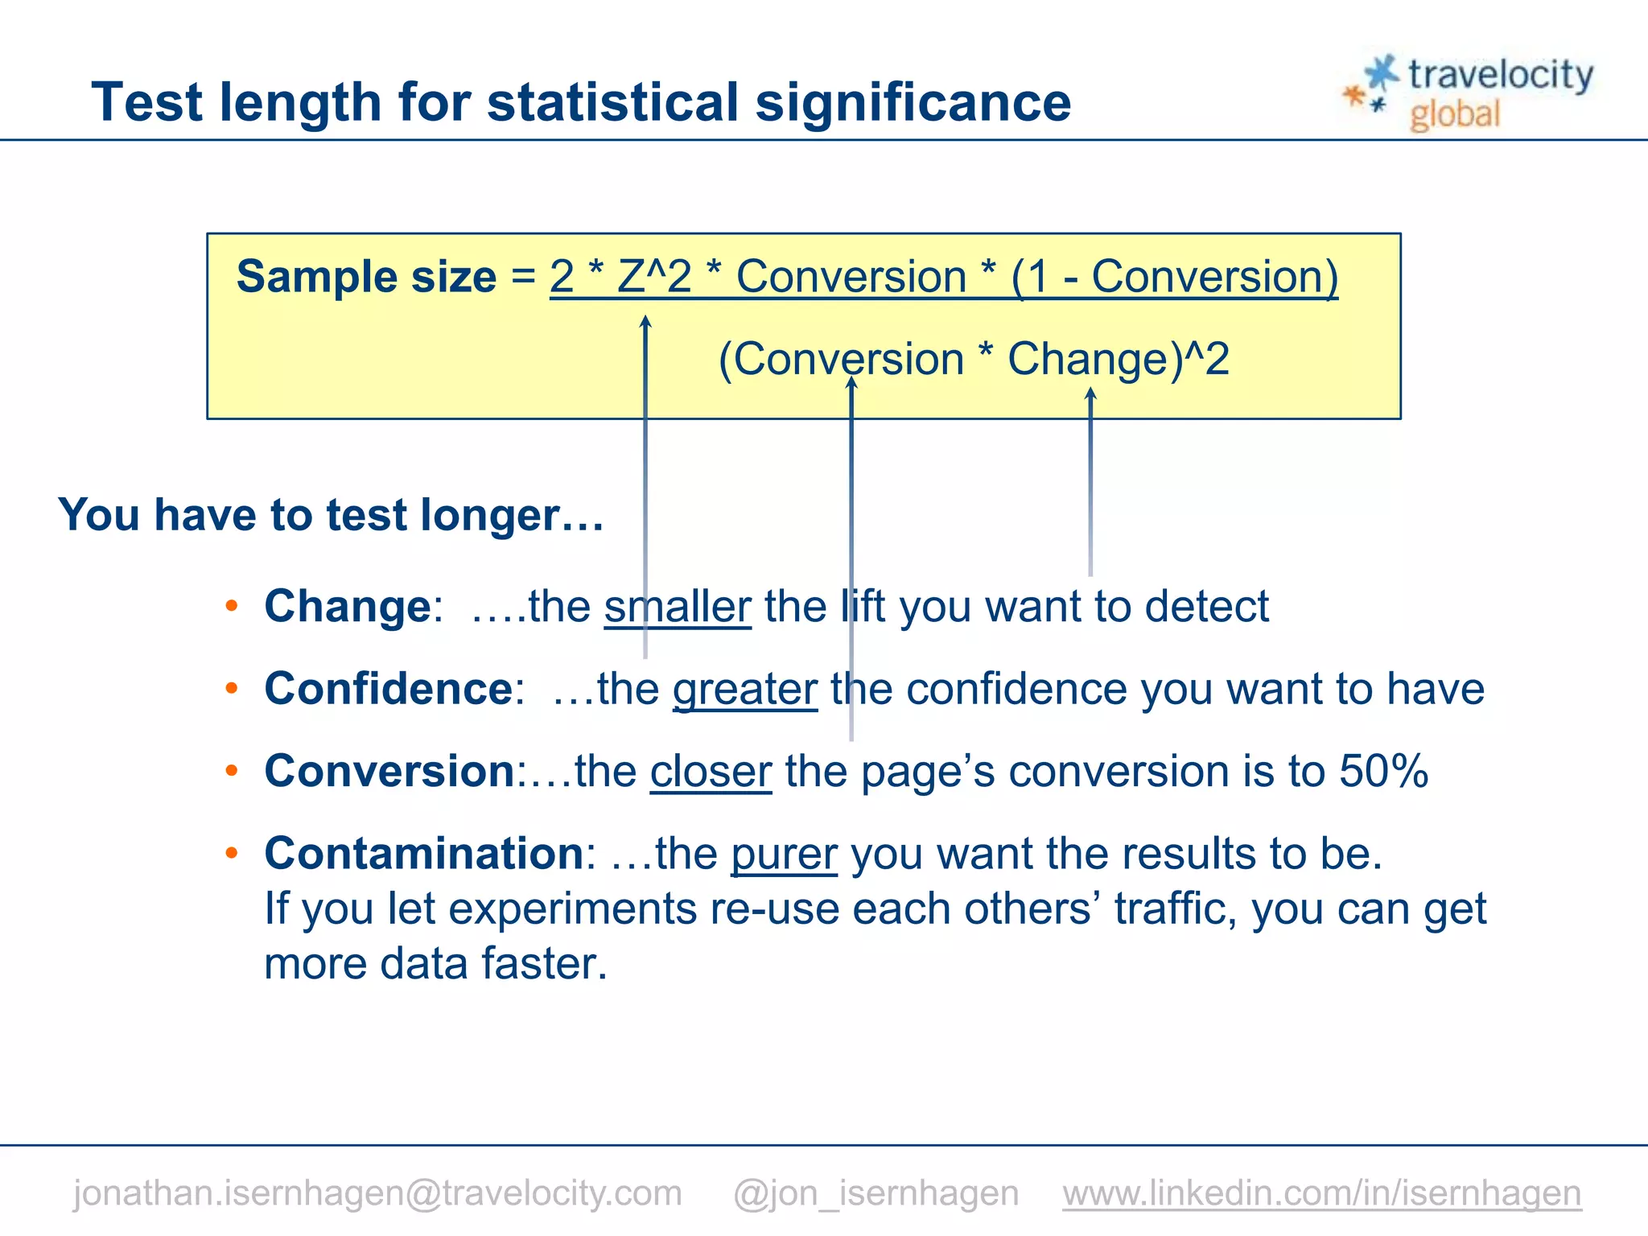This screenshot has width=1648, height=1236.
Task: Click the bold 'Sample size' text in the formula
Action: tap(366, 277)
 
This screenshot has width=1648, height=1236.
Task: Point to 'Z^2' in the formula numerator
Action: tap(654, 277)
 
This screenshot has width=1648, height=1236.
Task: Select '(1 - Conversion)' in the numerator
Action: tap(1174, 277)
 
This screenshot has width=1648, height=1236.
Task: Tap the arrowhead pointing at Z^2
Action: tap(645, 322)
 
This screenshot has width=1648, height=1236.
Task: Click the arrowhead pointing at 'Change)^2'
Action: tap(1090, 393)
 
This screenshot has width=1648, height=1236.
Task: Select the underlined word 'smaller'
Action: tap(678, 607)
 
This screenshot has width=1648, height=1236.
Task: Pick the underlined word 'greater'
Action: tap(745, 690)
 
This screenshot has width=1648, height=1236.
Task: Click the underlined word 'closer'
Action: tap(711, 772)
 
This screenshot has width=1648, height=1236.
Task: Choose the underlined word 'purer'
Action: tap(785, 854)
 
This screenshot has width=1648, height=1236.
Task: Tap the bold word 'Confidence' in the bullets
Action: tap(389, 690)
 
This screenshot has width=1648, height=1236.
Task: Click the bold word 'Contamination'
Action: tap(424, 854)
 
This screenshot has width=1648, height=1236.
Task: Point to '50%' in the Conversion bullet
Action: tap(1383, 772)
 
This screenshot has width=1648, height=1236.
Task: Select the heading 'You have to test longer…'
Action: tap(331, 515)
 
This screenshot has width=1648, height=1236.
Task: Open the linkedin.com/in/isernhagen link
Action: tap(1321, 1193)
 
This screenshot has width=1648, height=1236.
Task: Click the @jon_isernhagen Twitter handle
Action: tap(875, 1193)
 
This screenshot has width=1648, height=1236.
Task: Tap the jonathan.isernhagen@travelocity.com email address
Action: tap(377, 1193)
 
